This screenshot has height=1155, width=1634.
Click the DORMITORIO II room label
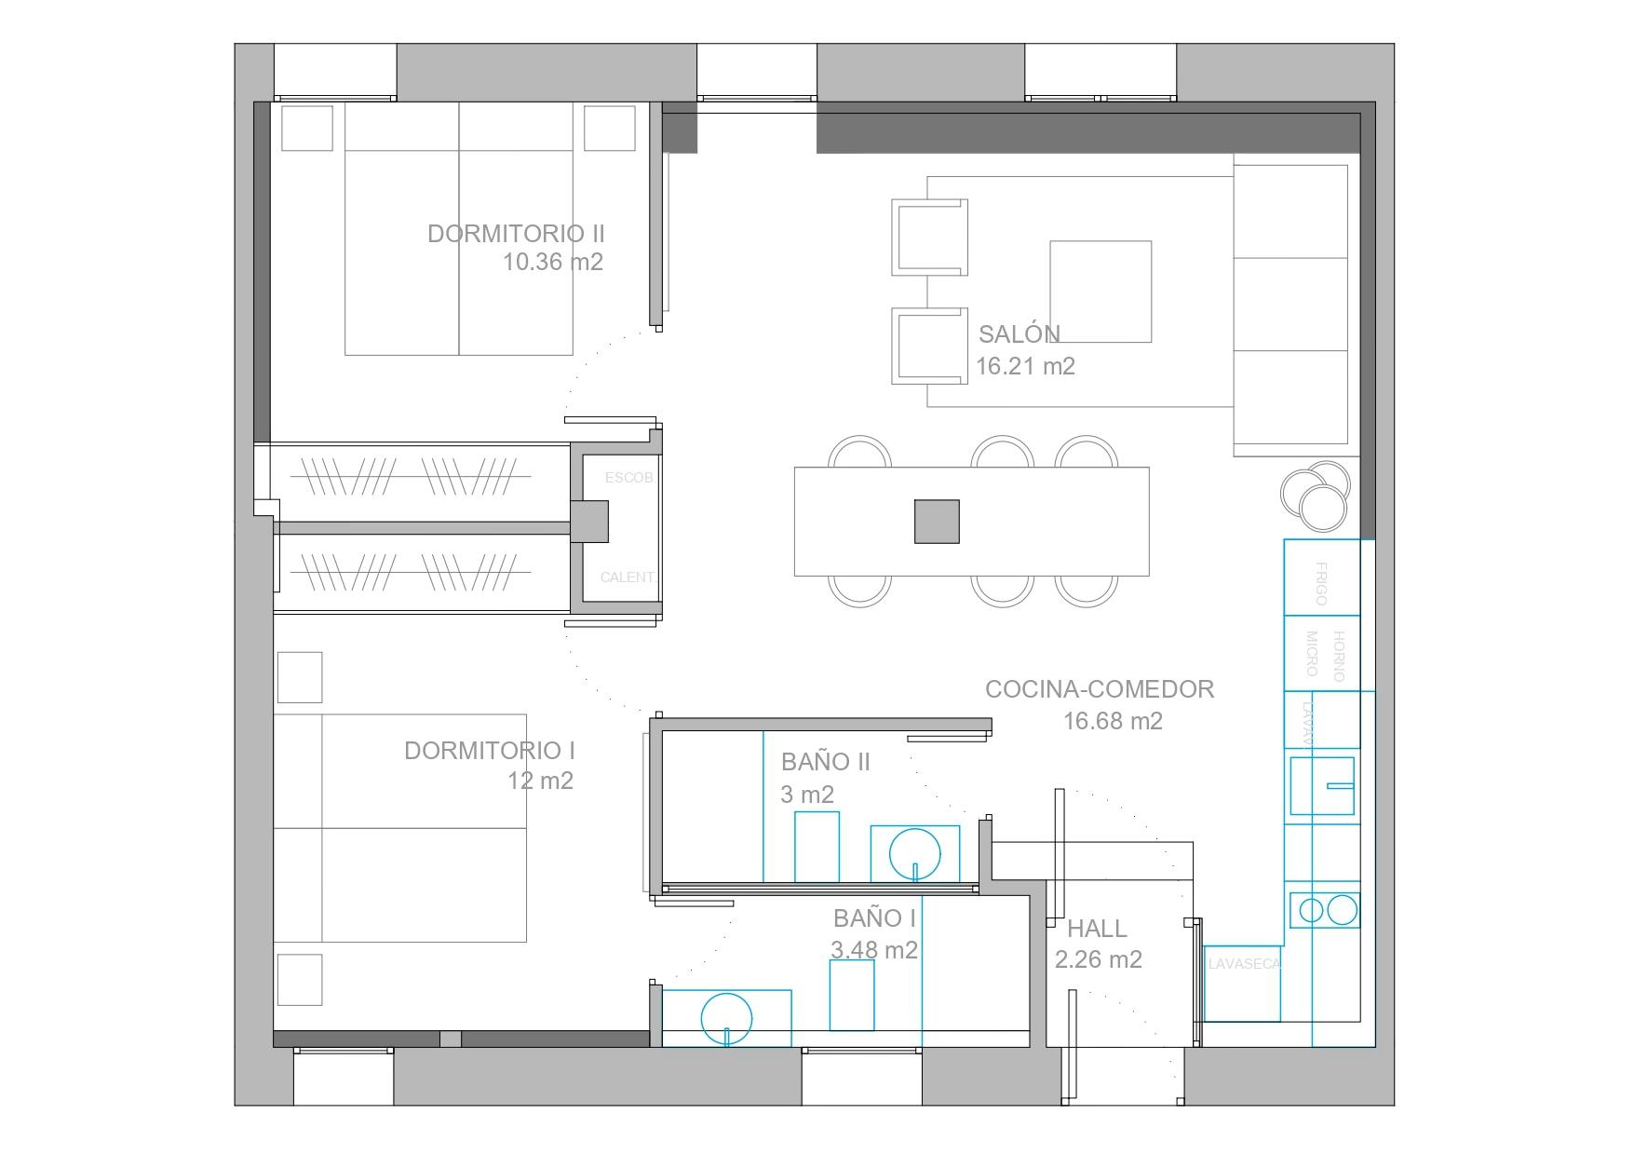[x=516, y=234]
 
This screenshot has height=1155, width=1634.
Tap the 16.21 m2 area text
[x=1025, y=366]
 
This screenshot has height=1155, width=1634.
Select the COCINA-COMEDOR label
[x=1100, y=689]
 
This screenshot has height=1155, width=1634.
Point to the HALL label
[x=1097, y=929]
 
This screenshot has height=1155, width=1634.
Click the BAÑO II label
[x=825, y=762]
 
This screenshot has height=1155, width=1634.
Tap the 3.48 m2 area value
[x=873, y=950]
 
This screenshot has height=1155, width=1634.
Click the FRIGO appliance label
[x=1320, y=584]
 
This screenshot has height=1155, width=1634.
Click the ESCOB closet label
[x=628, y=478]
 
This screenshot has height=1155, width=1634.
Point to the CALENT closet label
[x=627, y=577]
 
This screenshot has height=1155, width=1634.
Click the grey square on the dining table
[x=937, y=522]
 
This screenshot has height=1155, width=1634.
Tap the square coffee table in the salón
[x=1101, y=292]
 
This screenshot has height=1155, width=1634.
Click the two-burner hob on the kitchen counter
[x=1326, y=909]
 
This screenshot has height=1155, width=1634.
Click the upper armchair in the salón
[x=928, y=238]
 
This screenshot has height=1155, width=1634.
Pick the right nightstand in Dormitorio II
[x=610, y=129]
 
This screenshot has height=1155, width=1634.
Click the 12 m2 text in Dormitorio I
[x=540, y=781]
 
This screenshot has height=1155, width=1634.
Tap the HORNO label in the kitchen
[x=1339, y=656]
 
